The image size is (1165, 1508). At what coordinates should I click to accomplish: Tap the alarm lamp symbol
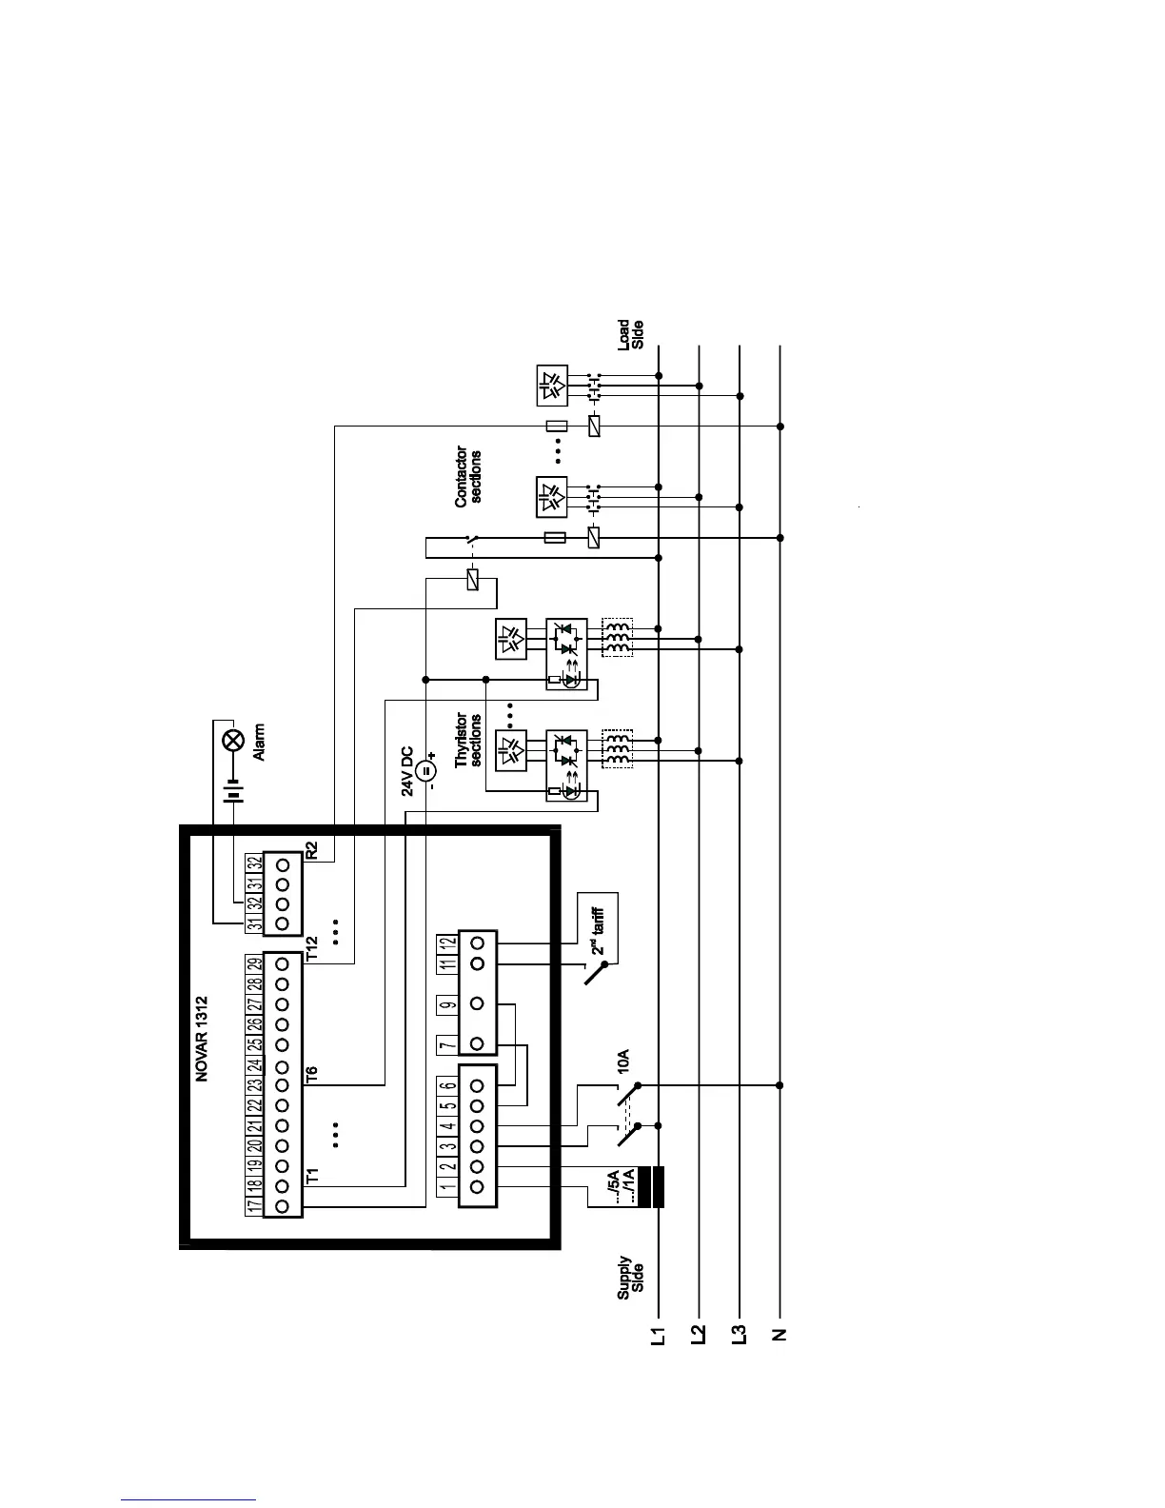click(231, 742)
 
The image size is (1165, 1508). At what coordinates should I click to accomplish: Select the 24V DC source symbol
click(425, 771)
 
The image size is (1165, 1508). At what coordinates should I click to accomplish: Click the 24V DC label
click(407, 770)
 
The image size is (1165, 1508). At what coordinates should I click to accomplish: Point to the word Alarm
click(258, 743)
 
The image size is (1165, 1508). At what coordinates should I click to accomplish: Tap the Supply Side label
click(631, 1277)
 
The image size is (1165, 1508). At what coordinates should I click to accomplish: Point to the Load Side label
click(631, 335)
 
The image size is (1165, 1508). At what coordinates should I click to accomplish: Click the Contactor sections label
click(468, 476)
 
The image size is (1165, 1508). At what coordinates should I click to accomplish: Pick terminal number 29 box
click(253, 963)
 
